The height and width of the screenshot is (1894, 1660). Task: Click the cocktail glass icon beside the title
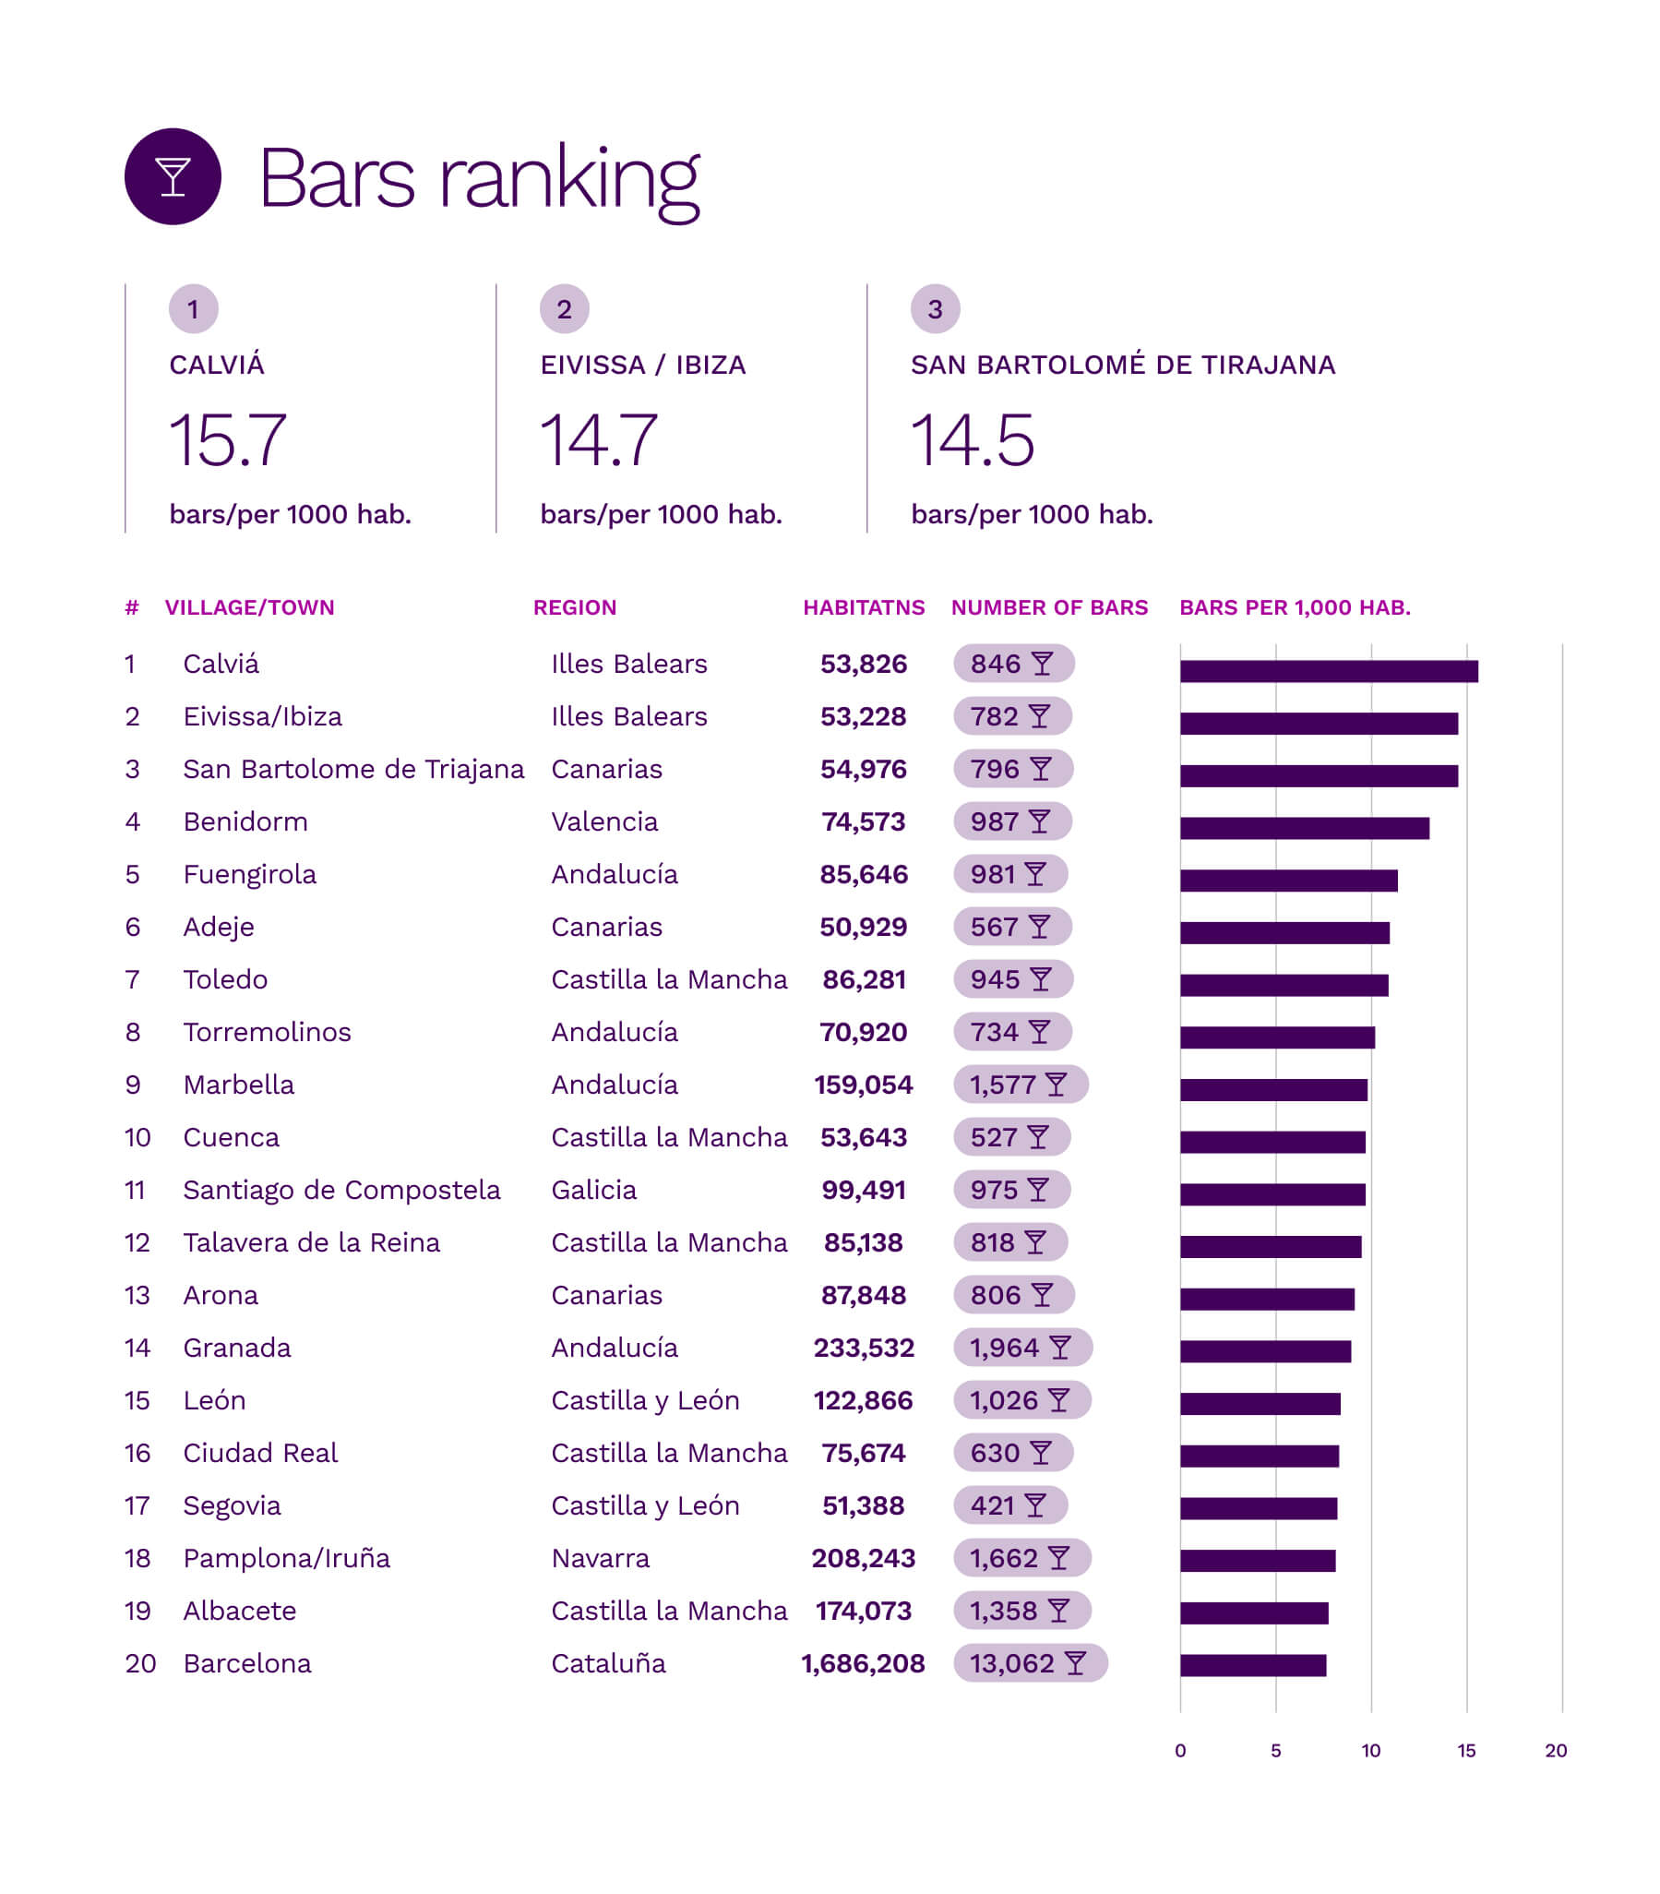tap(173, 176)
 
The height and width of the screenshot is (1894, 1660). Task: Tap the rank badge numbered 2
tap(564, 308)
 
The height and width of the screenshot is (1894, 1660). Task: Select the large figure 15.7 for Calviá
tap(228, 440)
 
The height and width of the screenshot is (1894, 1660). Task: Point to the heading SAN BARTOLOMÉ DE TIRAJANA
tap(1123, 366)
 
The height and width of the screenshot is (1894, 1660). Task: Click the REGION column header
tap(574, 608)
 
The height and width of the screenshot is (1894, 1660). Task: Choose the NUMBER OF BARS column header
tap(1048, 608)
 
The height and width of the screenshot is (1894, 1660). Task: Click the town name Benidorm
tap(245, 821)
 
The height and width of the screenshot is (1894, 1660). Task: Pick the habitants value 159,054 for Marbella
tap(864, 1085)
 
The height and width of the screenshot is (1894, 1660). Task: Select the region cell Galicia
tap(594, 1190)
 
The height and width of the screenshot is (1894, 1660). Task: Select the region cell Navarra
tap(601, 1559)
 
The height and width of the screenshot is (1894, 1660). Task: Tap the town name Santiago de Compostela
tap(341, 1190)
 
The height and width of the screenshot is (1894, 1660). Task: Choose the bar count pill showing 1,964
tap(1022, 1349)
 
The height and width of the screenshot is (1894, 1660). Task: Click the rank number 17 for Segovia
tap(137, 1505)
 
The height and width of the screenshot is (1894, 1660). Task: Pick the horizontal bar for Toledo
tap(1284, 985)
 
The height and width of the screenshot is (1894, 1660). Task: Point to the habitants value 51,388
tap(864, 1505)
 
